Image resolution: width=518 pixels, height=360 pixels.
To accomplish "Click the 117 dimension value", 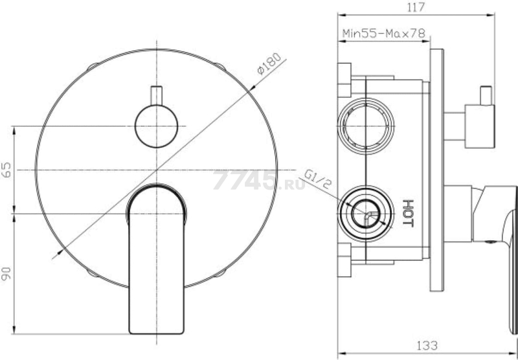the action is point(416,7).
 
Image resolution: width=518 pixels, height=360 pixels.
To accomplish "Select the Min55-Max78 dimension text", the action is point(384,34).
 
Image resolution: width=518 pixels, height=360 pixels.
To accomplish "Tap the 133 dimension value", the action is point(427,346).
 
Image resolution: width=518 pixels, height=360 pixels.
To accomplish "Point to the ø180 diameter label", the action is point(269,63).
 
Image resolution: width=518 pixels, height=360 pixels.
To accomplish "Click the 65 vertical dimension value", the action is point(6,170).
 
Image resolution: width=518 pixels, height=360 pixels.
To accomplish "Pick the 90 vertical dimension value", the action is point(6,274).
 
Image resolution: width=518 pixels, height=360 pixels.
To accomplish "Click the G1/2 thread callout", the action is point(317,179).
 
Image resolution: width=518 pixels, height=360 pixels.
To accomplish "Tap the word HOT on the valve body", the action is point(408,213).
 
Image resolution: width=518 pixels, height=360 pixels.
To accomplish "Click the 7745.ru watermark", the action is point(259,181).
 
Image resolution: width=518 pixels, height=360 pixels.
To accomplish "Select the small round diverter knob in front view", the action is point(156,126).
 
